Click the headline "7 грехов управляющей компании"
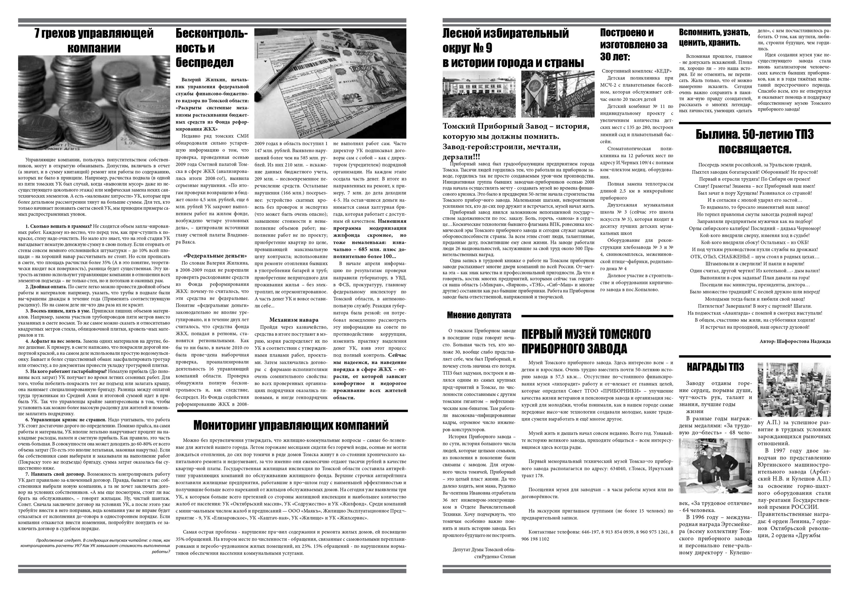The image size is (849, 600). tap(94, 41)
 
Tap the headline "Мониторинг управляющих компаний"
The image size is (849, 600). tap(291, 425)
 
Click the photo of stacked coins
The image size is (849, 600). tap(94, 102)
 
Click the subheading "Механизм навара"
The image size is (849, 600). tap(294, 319)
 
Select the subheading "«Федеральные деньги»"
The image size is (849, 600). tap(215, 256)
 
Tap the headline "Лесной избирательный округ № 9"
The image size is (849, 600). tap(513, 48)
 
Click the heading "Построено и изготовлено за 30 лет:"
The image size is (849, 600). tap(634, 44)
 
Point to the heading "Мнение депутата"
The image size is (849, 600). tap(479, 315)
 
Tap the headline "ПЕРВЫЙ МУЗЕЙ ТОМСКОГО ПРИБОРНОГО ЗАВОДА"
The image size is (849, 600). tap(586, 341)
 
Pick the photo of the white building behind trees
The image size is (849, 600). tap(479, 94)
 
